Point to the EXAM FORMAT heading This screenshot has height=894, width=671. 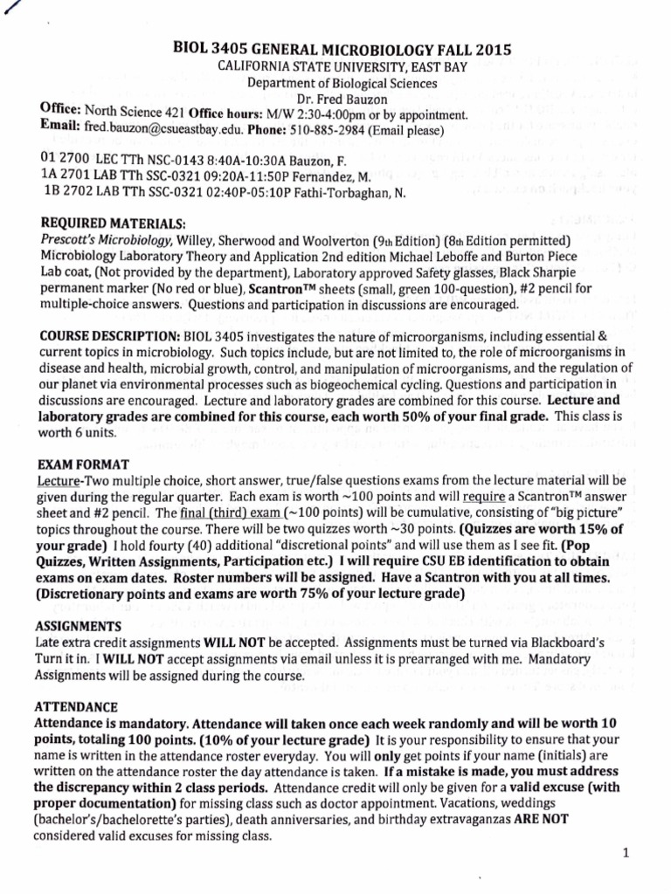coord(81,464)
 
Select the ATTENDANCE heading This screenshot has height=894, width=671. coord(75,707)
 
